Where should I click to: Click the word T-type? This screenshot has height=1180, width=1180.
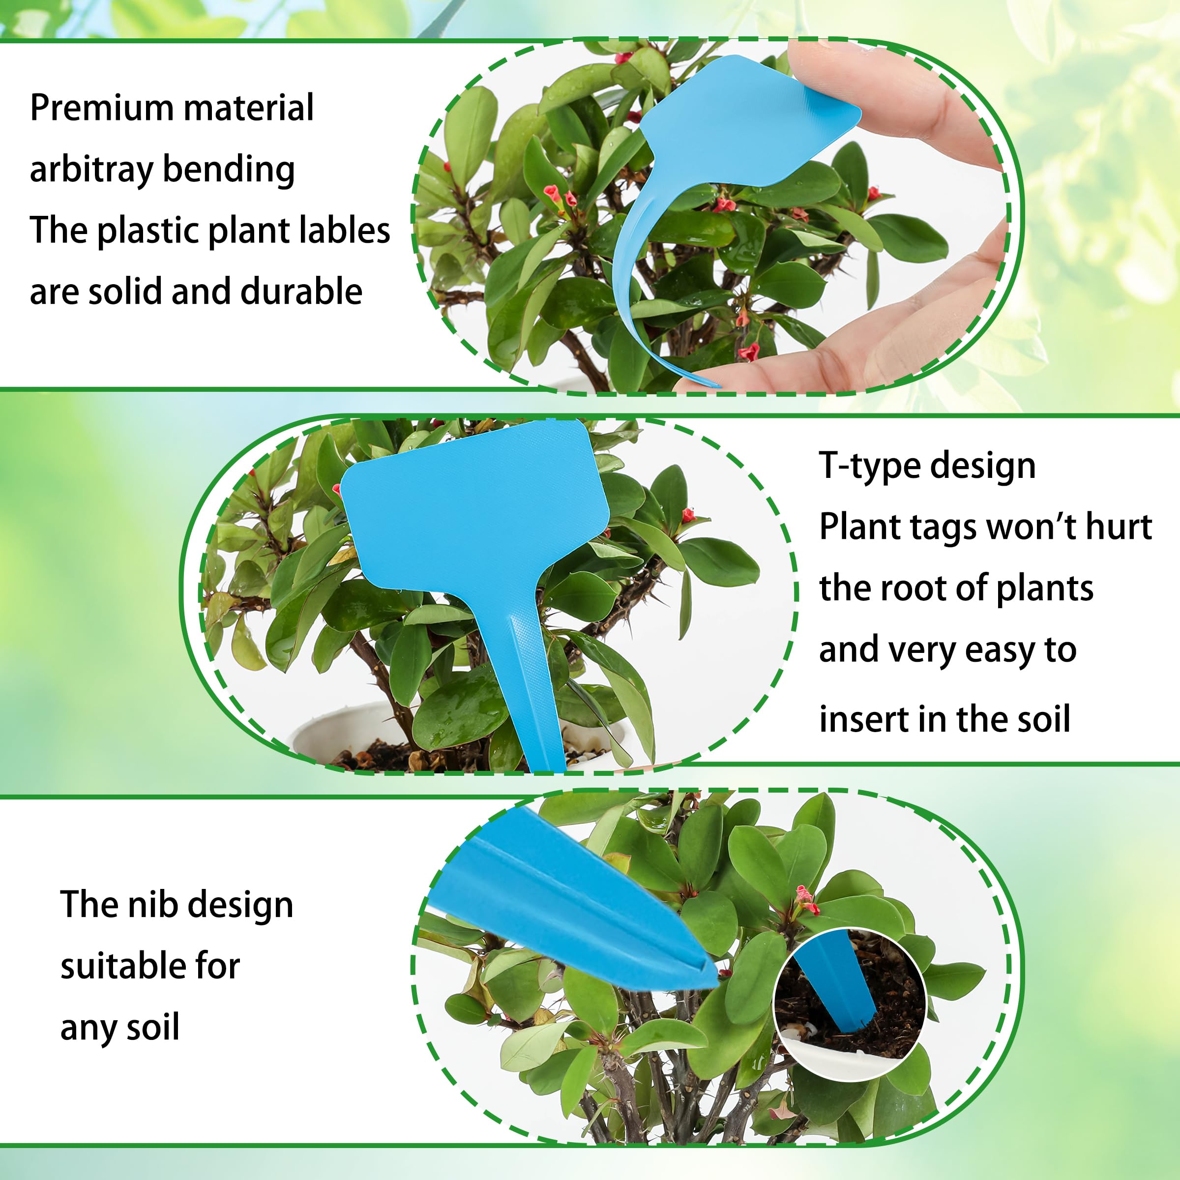867,466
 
